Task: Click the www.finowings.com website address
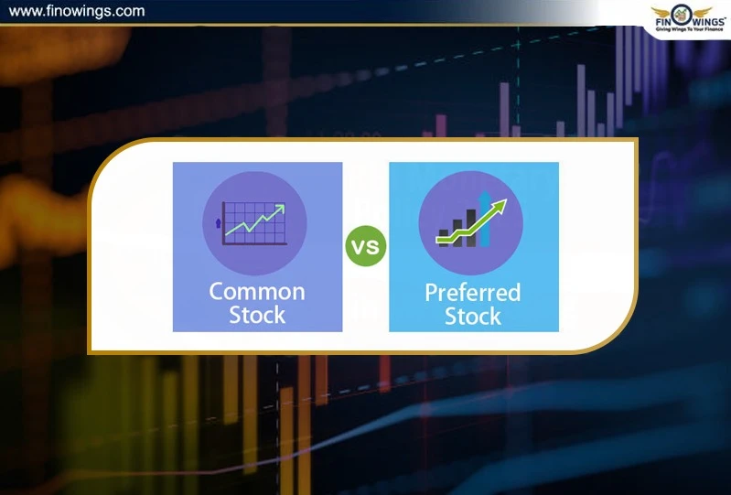coord(76,12)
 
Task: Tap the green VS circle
coord(366,247)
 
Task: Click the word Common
coord(257,292)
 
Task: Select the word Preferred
coord(472,293)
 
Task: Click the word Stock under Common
coord(257,316)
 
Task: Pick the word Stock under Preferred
coord(472,317)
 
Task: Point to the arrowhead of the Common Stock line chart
coord(279,210)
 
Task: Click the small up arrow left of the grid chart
coord(217,222)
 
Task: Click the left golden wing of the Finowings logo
coord(663,13)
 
